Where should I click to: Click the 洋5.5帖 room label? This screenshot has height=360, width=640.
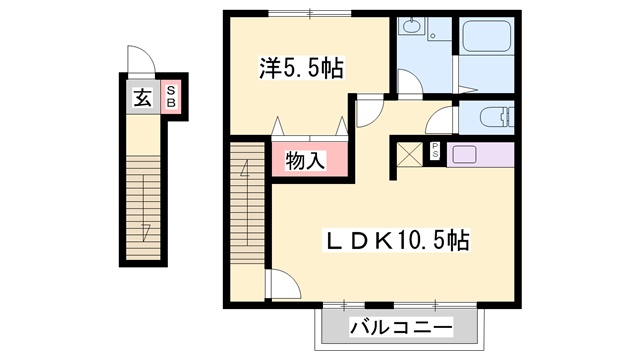pos(302,69)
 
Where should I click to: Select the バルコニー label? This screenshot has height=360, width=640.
pos(401,327)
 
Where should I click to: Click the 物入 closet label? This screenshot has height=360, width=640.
pos(305,160)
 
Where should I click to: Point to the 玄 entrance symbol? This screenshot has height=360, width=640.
pos(143,97)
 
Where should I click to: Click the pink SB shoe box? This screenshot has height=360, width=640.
pos(171,97)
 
